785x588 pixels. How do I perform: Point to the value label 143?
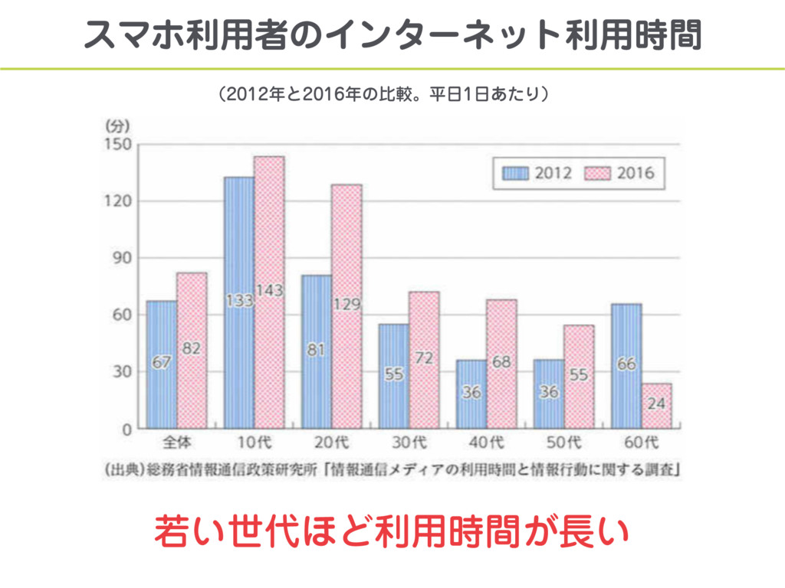pos(270,291)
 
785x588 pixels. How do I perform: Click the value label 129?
pos(347,305)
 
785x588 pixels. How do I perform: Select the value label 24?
pos(656,403)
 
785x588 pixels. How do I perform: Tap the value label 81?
pos(316,350)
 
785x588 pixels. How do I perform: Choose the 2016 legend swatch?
pos(598,173)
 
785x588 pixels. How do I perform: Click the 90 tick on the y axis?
pos(121,258)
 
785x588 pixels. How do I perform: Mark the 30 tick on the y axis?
pos(121,372)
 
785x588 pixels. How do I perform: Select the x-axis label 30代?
pos(409,442)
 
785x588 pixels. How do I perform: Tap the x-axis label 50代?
pos(563,442)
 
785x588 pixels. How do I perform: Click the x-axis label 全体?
pos(176,442)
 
